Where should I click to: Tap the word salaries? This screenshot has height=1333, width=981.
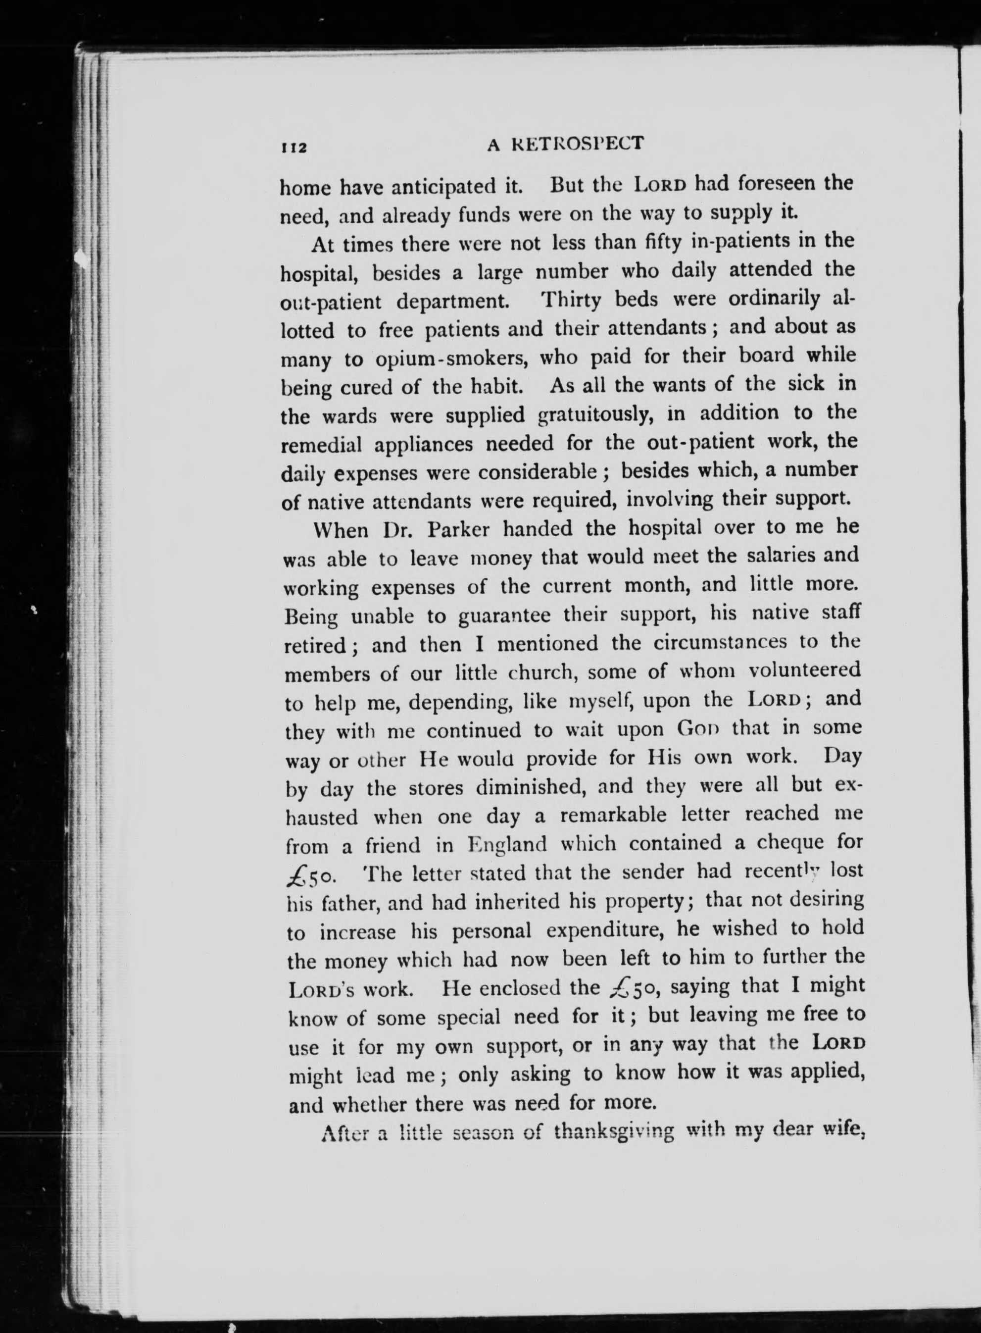click(x=780, y=556)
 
